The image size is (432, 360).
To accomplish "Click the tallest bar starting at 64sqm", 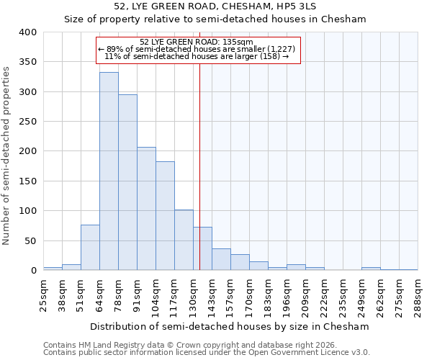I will click(x=109, y=171).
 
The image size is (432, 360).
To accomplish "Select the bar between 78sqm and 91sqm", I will click(x=127, y=182).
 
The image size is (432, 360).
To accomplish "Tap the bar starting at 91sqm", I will click(x=146, y=209).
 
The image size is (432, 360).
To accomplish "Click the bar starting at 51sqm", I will click(x=90, y=248).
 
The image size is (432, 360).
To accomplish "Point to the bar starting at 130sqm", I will click(x=202, y=249).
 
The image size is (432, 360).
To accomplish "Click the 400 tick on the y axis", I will click(x=27, y=32).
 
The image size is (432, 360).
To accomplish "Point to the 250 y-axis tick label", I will click(x=27, y=122).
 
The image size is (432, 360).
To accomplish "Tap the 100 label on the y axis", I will click(x=27, y=211).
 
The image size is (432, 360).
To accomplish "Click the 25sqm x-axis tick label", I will click(x=43, y=293).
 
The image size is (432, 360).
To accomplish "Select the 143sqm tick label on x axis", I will click(x=212, y=293).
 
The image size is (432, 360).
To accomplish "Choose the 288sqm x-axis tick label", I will click(x=418, y=293).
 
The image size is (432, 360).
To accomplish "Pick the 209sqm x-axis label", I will click(x=305, y=293).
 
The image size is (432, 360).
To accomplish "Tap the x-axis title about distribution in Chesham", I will click(x=230, y=326).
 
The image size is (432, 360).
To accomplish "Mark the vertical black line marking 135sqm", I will click(x=199, y=166).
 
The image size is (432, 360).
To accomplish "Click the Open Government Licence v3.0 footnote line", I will click(x=207, y=352).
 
